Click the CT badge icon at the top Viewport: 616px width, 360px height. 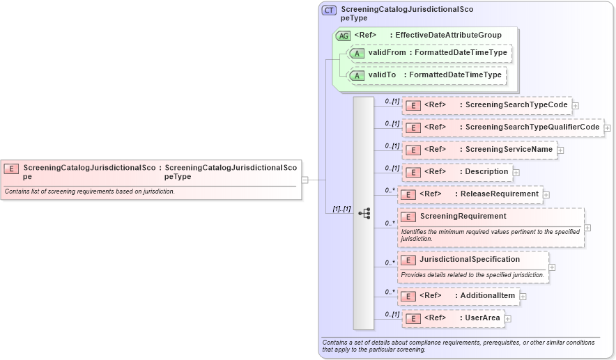[x=329, y=10]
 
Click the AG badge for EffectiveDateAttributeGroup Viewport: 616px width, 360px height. [x=343, y=36]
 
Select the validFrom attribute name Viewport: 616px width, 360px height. [x=386, y=53]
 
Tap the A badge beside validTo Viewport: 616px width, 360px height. [x=357, y=75]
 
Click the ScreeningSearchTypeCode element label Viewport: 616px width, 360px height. [x=516, y=105]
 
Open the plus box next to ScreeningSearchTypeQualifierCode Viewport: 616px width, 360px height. [x=607, y=128]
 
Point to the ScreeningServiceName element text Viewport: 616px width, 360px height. [x=509, y=150]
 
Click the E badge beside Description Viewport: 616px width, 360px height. [x=413, y=172]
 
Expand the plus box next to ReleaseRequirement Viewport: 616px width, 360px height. [x=546, y=195]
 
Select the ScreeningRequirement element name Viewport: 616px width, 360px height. [x=463, y=217]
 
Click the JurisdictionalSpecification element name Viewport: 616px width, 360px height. [x=470, y=260]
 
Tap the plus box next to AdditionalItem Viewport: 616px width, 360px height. [x=523, y=297]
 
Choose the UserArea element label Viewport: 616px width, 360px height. [x=482, y=318]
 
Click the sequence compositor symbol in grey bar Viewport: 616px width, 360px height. [x=364, y=213]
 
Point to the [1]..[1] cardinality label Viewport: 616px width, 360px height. [x=341, y=209]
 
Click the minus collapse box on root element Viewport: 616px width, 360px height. [x=305, y=180]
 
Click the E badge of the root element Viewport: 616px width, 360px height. [x=11, y=169]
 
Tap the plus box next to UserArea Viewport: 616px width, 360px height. [x=508, y=319]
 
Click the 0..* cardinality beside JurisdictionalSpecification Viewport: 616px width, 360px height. [x=390, y=263]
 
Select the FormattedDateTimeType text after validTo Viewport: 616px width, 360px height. [x=455, y=75]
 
